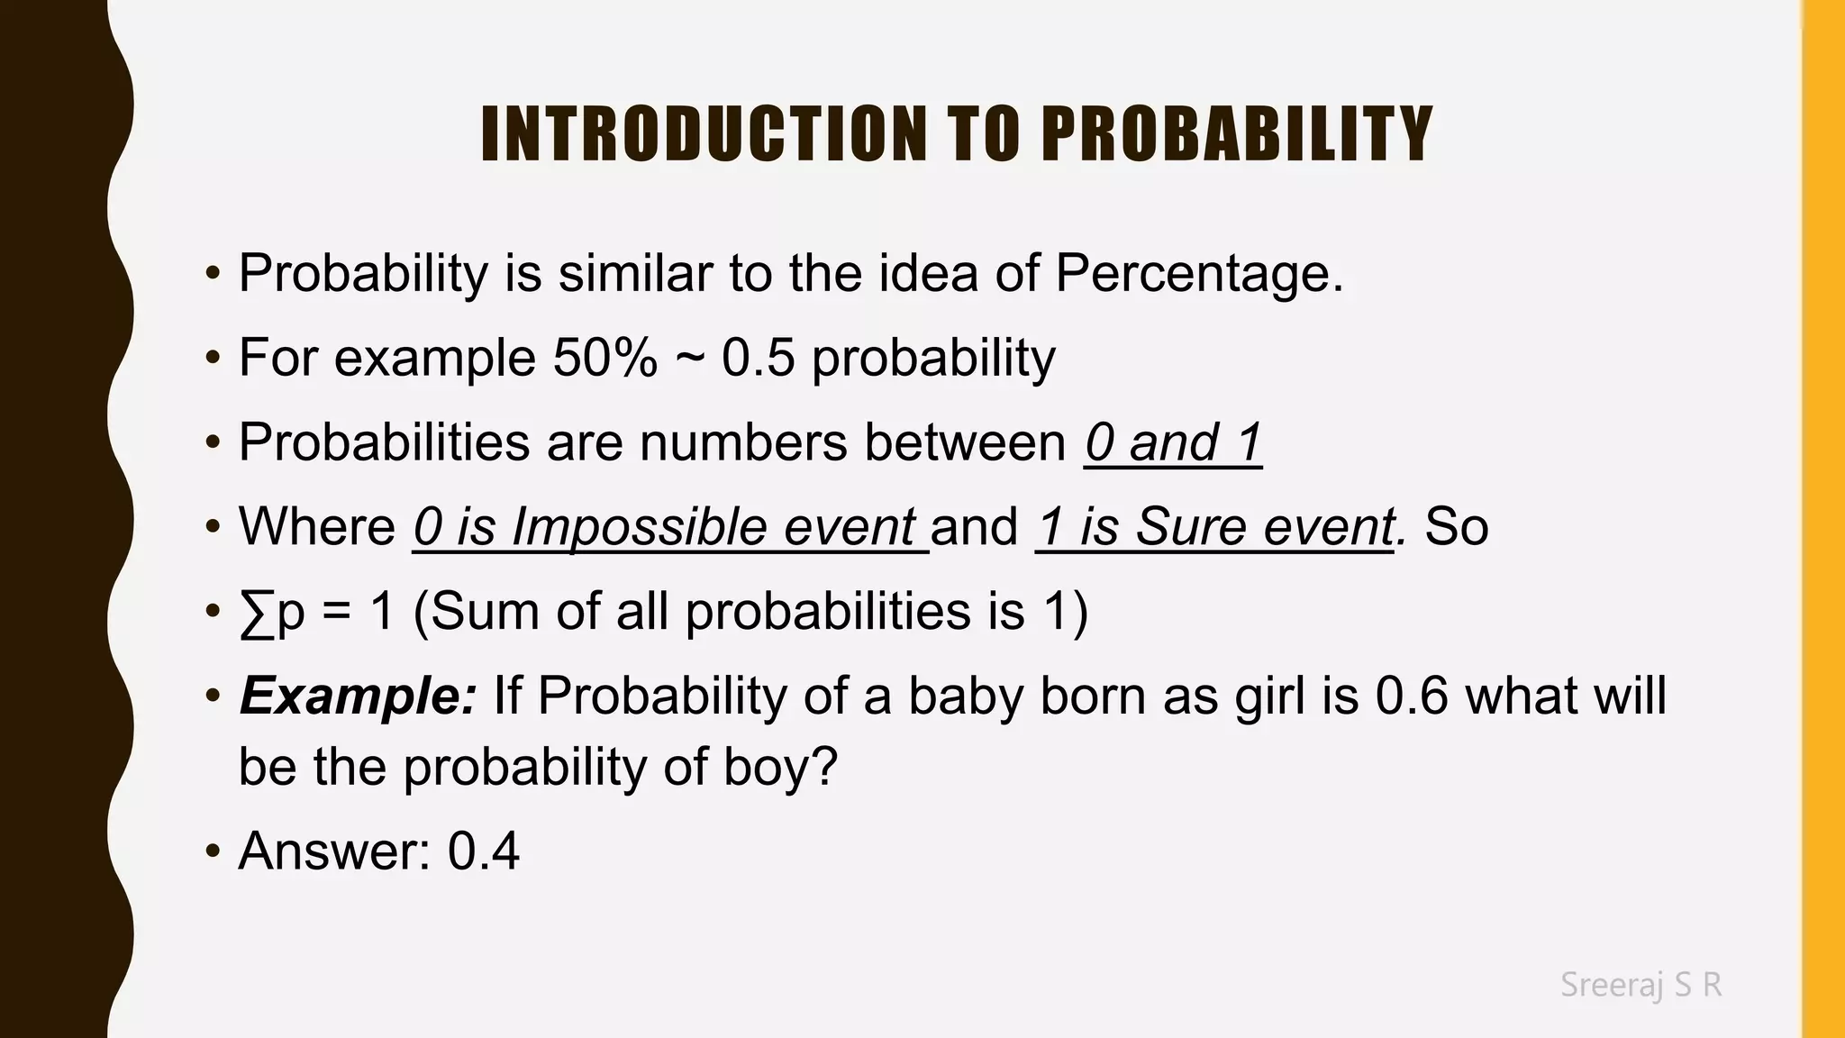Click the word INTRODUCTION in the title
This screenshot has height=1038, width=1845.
[x=704, y=135]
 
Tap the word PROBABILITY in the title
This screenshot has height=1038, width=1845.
[x=1237, y=135]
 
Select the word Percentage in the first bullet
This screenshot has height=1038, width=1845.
[x=1198, y=273]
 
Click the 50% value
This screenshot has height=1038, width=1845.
[x=604, y=358]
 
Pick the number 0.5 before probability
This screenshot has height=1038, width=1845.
[x=759, y=358]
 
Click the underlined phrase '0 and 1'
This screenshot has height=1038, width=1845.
[x=1173, y=442]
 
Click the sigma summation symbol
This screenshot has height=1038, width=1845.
[x=257, y=613]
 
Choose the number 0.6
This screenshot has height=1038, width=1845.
[x=1412, y=697]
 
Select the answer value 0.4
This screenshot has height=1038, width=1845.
[x=484, y=851]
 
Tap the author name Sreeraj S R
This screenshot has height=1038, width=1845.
[x=1641, y=985]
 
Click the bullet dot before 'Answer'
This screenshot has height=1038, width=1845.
[x=213, y=852]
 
